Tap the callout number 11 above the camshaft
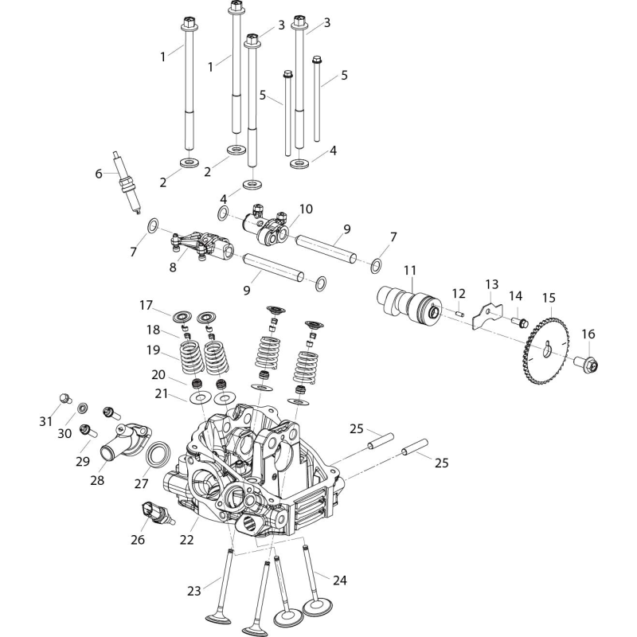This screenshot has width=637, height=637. click(410, 271)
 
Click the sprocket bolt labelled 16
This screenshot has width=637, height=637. click(588, 362)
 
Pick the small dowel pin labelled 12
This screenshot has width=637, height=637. click(459, 313)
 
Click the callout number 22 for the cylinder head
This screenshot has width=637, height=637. click(187, 540)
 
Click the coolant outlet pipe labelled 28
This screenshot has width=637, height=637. click(125, 440)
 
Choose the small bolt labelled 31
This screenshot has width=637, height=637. click(65, 398)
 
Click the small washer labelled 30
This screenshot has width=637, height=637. click(83, 407)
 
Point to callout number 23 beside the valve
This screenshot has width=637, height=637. click(194, 590)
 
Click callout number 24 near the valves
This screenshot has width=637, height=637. click(340, 580)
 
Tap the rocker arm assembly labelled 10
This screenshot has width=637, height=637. click(267, 225)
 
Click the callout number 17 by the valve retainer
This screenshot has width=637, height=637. click(146, 305)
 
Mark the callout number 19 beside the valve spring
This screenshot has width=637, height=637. click(153, 350)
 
